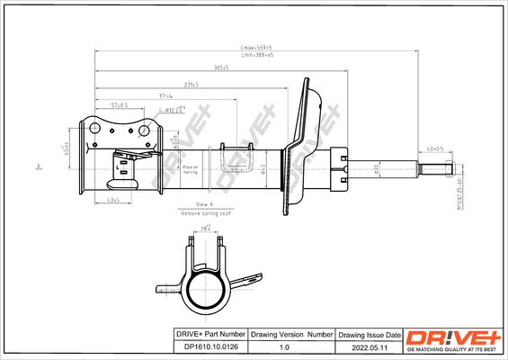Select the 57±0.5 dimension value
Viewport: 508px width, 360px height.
coord(119,105)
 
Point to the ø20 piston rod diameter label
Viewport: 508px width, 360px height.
coord(378,168)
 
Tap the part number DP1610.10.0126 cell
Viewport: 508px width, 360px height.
coord(209,345)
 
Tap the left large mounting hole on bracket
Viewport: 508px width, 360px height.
coord(94,130)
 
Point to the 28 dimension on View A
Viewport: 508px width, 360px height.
coord(205,231)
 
